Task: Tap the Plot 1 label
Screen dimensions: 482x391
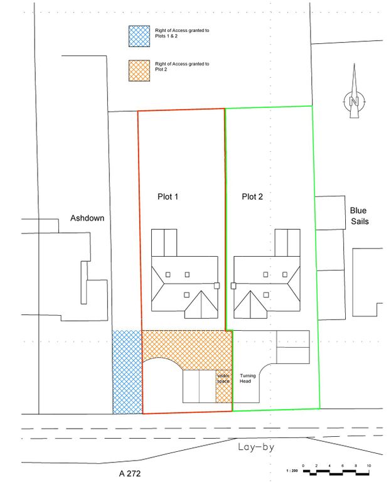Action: [168, 197]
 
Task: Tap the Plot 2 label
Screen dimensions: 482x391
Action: [252, 197]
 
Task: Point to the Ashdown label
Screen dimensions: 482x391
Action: [87, 218]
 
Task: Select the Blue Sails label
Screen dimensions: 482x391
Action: [359, 216]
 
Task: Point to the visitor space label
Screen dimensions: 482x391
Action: [224, 378]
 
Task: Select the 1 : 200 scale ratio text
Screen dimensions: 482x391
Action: [291, 470]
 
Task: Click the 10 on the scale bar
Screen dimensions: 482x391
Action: [369, 466]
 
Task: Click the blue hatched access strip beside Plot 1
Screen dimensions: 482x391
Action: [127, 372]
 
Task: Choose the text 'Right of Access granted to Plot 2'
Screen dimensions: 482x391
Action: [182, 67]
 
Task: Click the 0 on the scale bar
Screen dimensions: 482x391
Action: [303, 466]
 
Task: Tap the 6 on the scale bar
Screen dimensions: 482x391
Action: [343, 466]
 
